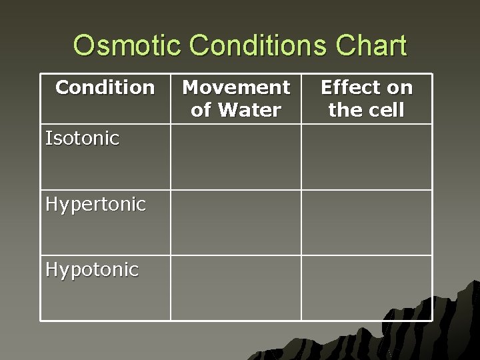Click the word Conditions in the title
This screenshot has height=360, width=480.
click(258, 46)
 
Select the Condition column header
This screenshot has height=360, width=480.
click(105, 87)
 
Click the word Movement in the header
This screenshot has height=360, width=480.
click(236, 87)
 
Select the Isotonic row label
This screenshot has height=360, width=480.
click(82, 139)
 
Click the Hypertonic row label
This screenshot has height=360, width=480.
click(95, 204)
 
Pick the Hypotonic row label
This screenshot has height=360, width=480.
click(92, 269)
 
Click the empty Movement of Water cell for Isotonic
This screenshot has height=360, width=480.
click(236, 157)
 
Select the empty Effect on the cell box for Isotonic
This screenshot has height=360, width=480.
click(366, 157)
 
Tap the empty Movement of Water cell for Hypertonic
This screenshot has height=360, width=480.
click(236, 223)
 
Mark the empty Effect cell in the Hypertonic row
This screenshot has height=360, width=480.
click(366, 223)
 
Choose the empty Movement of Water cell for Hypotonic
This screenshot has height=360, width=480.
click(236, 288)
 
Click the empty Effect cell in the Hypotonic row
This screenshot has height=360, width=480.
click(366, 288)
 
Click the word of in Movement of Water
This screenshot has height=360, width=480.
click(201, 110)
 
